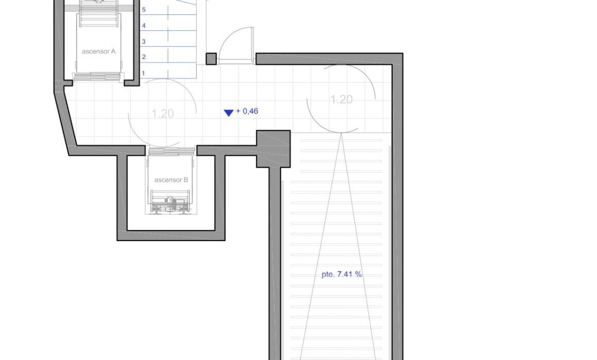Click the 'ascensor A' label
coord(99,51)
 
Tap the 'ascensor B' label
coord(171,180)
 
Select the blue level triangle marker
coord(229,113)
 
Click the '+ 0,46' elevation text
coord(247,111)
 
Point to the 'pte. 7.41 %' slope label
coord(342,274)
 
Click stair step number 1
coord(144,73)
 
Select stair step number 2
coord(144,57)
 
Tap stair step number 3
coord(144,42)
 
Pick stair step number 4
coord(144,26)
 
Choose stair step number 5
coord(144,10)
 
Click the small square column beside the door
coord(212,59)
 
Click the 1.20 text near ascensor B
coord(163,114)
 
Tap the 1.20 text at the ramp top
coord(341,99)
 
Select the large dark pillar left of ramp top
coord(273,149)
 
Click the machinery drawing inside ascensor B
coord(170,202)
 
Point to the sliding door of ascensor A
coord(99,77)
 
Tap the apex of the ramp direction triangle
coord(341,133)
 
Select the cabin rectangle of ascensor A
coord(99,43)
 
